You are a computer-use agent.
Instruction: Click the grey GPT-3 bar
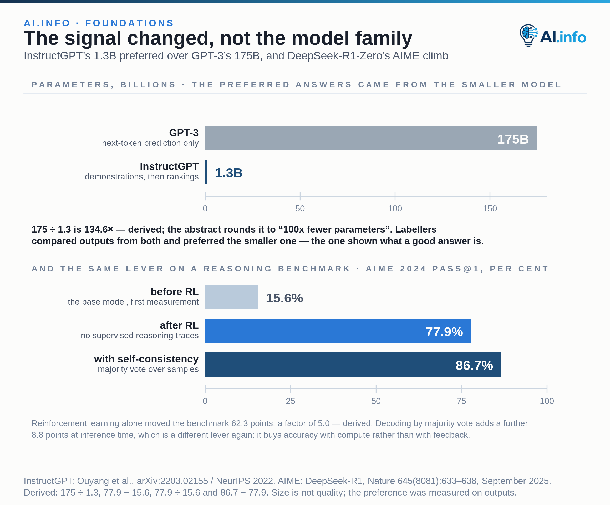[x=371, y=138]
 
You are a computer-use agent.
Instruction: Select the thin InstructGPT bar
[x=206, y=172]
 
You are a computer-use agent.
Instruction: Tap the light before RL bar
[x=231, y=297]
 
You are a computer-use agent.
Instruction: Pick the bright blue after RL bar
[x=338, y=331]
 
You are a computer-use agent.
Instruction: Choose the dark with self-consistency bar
[x=353, y=365]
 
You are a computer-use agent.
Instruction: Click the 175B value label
[x=513, y=139]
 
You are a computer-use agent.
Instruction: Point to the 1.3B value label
[x=228, y=173]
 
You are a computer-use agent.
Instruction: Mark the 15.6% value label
[x=284, y=298]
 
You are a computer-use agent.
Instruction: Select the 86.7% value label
[x=474, y=366]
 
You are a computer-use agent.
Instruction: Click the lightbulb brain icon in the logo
[x=529, y=36]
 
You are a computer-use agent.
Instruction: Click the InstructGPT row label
[x=169, y=166]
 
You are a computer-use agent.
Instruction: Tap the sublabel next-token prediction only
[x=150, y=143]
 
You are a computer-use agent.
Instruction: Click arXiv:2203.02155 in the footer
[x=172, y=481]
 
